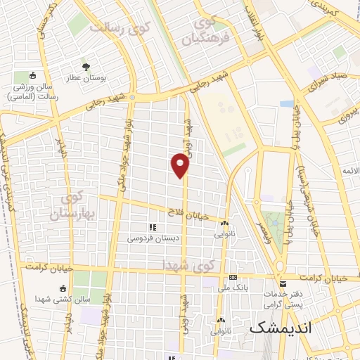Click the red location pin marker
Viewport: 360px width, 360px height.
(x=181, y=165)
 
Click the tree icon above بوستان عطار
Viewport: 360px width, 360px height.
(x=86, y=66)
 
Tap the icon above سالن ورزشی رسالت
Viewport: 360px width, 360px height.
(x=32, y=76)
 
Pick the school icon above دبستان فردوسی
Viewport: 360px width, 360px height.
(x=151, y=227)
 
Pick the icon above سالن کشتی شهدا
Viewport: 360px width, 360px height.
(x=63, y=288)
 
